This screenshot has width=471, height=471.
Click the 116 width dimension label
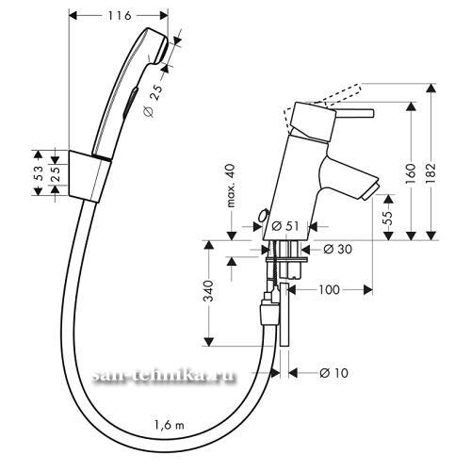[120, 16]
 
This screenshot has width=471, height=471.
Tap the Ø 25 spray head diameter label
[154, 101]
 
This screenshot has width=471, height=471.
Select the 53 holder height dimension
[40, 173]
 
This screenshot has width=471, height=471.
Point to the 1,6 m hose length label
[170, 425]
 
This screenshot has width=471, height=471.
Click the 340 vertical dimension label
[208, 291]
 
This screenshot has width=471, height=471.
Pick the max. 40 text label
[231, 186]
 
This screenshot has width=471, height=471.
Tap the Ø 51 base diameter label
[284, 226]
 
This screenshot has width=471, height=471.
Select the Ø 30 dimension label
[338, 250]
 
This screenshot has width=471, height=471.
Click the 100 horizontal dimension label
[329, 289]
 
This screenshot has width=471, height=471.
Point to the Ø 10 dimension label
[333, 373]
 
